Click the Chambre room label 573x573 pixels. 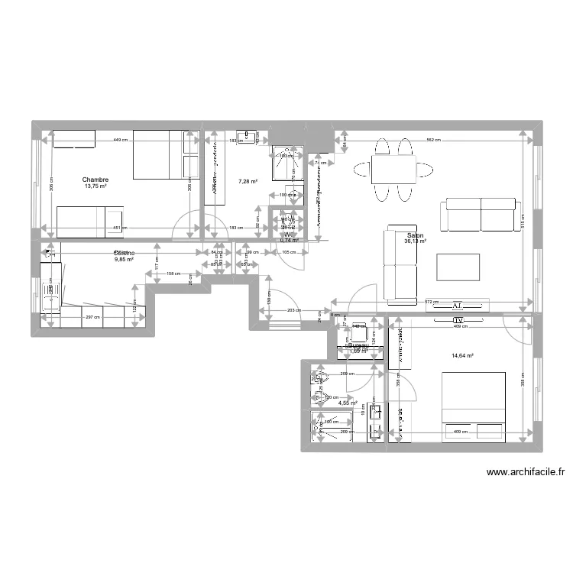click(96, 180)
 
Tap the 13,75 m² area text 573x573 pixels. click(96, 186)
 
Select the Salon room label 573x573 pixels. click(416, 236)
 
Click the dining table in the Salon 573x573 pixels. click(393, 168)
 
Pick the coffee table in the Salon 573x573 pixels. click(458, 267)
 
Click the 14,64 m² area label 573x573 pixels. click(463, 355)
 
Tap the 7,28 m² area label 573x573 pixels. click(248, 182)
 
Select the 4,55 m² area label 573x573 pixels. click(348, 403)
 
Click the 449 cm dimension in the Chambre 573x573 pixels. click(120, 141)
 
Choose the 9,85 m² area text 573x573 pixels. click(124, 260)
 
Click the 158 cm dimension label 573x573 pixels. click(173, 273)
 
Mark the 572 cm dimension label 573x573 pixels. click(432, 303)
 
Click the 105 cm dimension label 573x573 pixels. click(288, 253)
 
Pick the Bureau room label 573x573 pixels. click(358, 345)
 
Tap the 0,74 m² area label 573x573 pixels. click(289, 240)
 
